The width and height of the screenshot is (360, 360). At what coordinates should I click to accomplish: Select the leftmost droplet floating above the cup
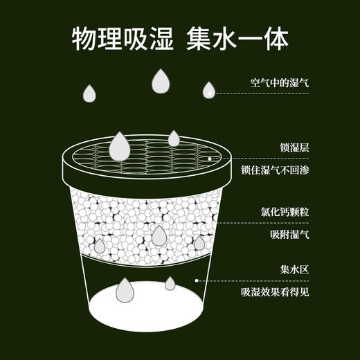[90, 93]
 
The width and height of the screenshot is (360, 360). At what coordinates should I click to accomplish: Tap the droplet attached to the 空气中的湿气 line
[208, 90]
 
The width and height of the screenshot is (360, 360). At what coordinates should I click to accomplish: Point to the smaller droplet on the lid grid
[174, 139]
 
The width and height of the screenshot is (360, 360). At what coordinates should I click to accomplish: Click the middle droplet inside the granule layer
[159, 235]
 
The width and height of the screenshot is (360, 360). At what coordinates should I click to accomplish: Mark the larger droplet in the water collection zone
[125, 290]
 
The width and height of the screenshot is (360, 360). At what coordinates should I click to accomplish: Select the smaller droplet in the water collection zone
[170, 283]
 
